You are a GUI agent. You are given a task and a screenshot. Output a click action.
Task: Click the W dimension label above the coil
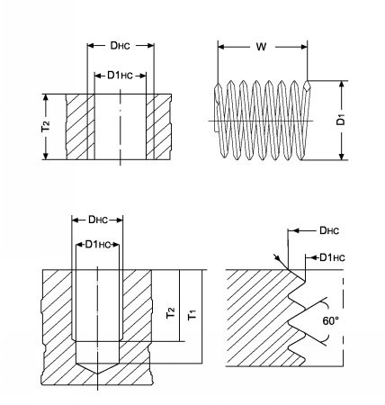pyautogui.click(x=261, y=47)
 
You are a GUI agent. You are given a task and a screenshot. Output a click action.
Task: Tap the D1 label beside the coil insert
pyautogui.click(x=341, y=121)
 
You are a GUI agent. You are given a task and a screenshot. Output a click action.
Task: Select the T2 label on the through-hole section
pyautogui.click(x=46, y=127)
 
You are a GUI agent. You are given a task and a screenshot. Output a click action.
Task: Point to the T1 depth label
pyautogui.click(x=192, y=316)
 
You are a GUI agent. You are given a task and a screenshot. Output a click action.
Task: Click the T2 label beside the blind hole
pyautogui.click(x=171, y=313)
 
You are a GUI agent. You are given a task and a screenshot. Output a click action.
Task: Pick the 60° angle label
pyautogui.click(x=330, y=321)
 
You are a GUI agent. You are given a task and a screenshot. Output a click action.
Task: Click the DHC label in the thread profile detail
pyautogui.click(x=329, y=230)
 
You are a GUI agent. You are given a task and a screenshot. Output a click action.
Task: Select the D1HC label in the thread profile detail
pyautogui.click(x=332, y=257)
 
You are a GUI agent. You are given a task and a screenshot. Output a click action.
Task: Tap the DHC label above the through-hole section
pyautogui.click(x=121, y=46)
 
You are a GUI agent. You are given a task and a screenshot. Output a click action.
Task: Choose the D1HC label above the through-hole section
pyautogui.click(x=120, y=76)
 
